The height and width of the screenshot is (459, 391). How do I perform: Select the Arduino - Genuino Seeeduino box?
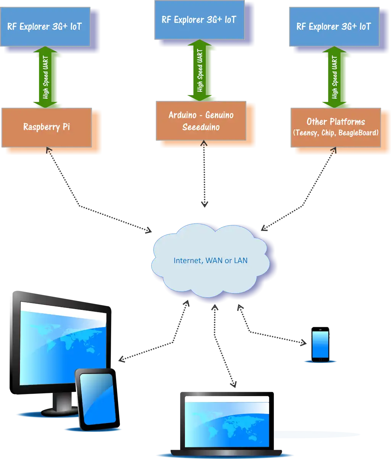click(x=201, y=121)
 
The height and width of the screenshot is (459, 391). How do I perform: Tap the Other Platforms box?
click(x=336, y=127)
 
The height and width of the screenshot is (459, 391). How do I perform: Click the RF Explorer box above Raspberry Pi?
click(x=45, y=27)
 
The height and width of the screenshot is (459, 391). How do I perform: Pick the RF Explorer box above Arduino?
click(x=199, y=20)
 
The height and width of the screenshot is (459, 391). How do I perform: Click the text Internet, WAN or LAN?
click(x=210, y=261)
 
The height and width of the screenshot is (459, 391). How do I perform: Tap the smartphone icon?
click(x=320, y=344)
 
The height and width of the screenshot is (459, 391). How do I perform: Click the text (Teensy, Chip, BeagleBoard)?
click(x=336, y=133)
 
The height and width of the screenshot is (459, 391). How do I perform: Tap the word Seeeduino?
click(x=201, y=127)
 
